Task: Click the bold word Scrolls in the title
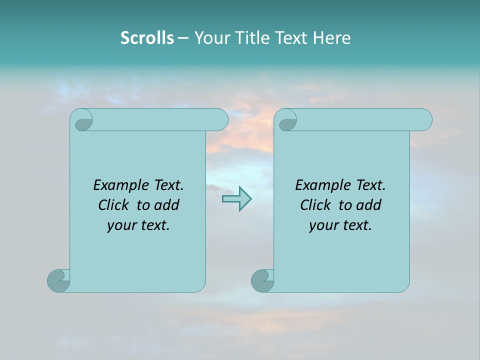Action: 147,38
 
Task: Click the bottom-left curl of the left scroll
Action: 58,280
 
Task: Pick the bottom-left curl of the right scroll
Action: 262,280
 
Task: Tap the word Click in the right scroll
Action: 315,205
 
